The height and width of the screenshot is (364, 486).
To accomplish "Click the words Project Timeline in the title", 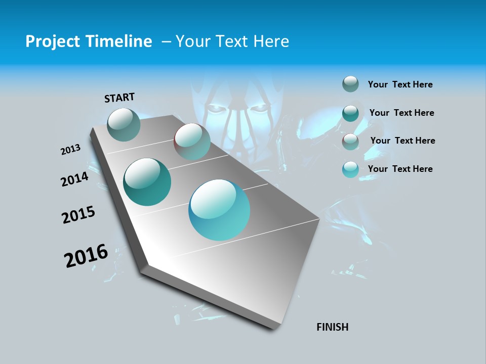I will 89,41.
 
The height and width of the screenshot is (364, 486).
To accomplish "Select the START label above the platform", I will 119,98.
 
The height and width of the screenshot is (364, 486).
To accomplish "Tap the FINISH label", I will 332,327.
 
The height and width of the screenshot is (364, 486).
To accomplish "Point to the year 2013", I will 71,150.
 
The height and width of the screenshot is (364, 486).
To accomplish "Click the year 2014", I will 75,179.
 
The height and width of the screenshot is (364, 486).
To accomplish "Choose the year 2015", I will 78,215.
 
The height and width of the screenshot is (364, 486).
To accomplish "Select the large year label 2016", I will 86,256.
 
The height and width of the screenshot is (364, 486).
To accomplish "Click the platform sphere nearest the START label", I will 124,124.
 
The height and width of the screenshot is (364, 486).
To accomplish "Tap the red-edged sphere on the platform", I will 192,142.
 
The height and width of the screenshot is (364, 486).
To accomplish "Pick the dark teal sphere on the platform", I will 147,182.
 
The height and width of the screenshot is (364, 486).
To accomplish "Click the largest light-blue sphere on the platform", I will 219,210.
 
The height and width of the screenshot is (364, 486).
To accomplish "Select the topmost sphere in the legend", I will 350,84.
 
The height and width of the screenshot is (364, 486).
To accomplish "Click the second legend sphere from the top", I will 350,113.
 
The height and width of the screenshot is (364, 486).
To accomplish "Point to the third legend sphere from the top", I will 350,142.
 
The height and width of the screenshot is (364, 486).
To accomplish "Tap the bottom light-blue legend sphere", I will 350,169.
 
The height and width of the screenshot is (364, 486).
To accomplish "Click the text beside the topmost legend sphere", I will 400,84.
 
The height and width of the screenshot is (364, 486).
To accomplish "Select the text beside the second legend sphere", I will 401,113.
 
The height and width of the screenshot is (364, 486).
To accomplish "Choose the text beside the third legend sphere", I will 402,141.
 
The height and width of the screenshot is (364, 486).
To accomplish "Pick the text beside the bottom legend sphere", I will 400,169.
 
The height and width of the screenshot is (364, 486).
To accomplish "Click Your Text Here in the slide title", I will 232,41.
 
